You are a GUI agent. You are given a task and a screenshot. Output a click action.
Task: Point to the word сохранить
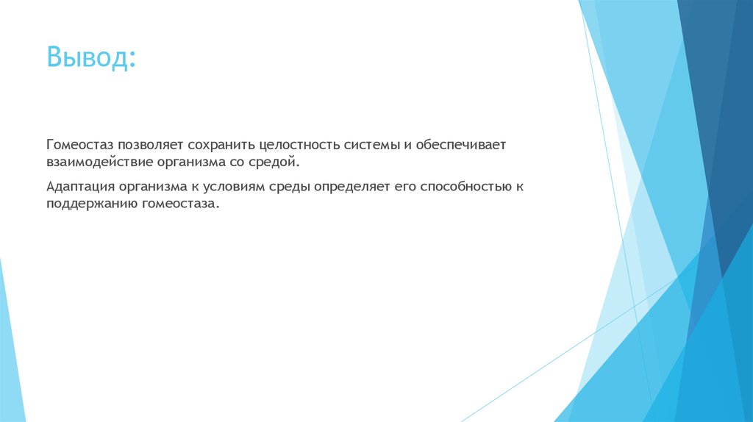217,145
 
